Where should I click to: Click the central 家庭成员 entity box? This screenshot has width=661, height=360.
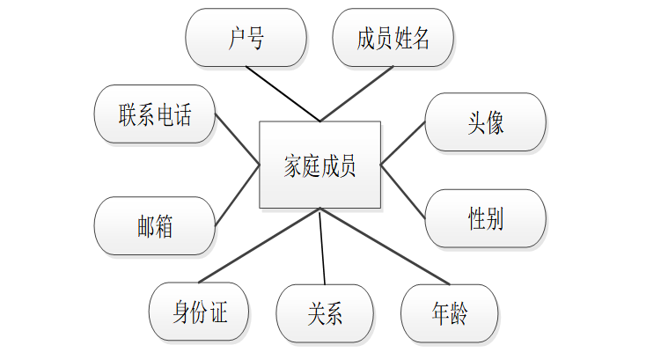click(x=320, y=165)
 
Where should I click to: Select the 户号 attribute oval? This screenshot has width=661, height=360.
click(x=246, y=39)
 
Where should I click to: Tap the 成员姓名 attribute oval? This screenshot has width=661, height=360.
click(x=393, y=39)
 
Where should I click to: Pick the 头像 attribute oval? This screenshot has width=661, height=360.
click(x=485, y=121)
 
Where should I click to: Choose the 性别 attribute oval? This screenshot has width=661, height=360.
click(x=485, y=218)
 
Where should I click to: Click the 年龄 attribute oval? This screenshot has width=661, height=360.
click(x=450, y=313)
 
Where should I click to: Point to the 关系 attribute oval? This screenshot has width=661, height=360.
click(x=325, y=313)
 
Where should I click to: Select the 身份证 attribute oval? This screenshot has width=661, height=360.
click(x=200, y=312)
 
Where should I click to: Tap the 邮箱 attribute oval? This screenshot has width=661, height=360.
click(x=155, y=226)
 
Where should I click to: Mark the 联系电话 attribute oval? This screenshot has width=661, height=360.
click(x=155, y=114)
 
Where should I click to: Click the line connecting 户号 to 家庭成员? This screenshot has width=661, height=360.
click(x=283, y=94)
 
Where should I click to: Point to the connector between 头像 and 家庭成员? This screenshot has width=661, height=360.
click(x=403, y=143)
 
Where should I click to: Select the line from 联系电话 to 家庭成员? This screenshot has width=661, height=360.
click(x=238, y=139)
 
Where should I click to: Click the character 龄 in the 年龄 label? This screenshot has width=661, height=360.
click(x=459, y=313)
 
